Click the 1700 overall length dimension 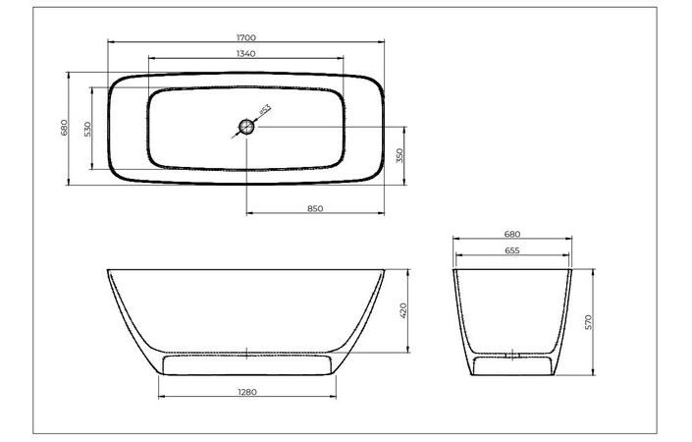246,37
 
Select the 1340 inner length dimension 246,53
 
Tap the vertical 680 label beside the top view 63,128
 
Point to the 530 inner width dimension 87,129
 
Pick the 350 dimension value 399,155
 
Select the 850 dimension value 315,208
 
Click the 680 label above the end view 511,235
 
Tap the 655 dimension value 511,250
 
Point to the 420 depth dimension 403,311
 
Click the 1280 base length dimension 246,392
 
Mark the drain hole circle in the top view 246,127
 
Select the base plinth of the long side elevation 246,365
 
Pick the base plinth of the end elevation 511,366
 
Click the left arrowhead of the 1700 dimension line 110,43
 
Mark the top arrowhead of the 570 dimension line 594,270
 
